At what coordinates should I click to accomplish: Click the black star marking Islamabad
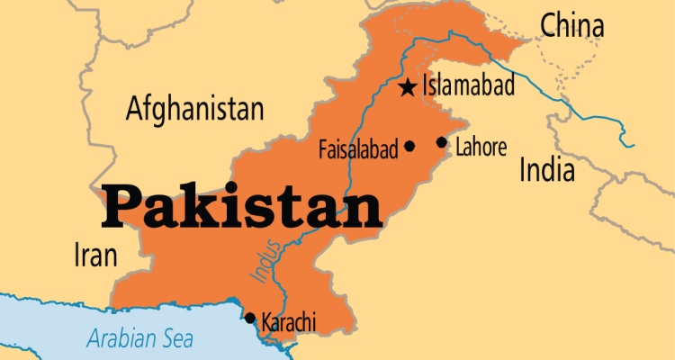[x=408, y=87]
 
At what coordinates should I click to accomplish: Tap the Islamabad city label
[x=469, y=86]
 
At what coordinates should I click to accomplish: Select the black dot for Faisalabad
[x=409, y=146]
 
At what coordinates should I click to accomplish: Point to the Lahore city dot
[x=441, y=142]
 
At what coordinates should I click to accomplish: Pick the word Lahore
[x=481, y=147]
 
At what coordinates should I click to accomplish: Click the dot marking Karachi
[x=250, y=318]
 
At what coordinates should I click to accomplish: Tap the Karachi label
[x=288, y=319]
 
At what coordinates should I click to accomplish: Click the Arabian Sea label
[x=144, y=339]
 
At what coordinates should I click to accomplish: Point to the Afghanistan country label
[x=195, y=110]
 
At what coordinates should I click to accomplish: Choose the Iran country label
[x=94, y=256]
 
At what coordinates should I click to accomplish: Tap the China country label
[x=571, y=26]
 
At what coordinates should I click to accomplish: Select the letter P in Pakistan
[x=121, y=206]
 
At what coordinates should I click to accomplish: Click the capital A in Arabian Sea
[x=94, y=340]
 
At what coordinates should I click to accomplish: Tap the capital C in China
[x=548, y=26]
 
